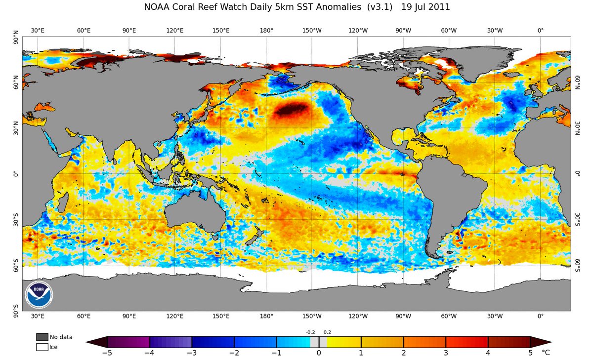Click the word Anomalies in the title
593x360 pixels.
click(339, 7)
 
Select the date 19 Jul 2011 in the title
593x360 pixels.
click(425, 7)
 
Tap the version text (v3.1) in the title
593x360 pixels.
click(380, 7)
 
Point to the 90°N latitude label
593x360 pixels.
click(16, 37)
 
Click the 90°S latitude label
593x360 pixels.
click(16, 311)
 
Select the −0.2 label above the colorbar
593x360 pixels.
click(310, 332)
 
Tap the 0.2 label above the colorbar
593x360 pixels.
click(327, 332)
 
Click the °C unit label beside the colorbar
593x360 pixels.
click(546, 353)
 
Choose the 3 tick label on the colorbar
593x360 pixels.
click(446, 353)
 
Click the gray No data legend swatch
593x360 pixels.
click(42, 337)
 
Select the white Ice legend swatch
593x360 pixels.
click(42, 347)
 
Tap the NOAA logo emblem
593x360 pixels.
click(39, 295)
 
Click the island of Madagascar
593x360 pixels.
click(63, 202)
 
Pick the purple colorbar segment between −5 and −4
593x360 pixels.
click(128, 342)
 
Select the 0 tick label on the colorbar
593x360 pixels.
click(319, 353)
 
